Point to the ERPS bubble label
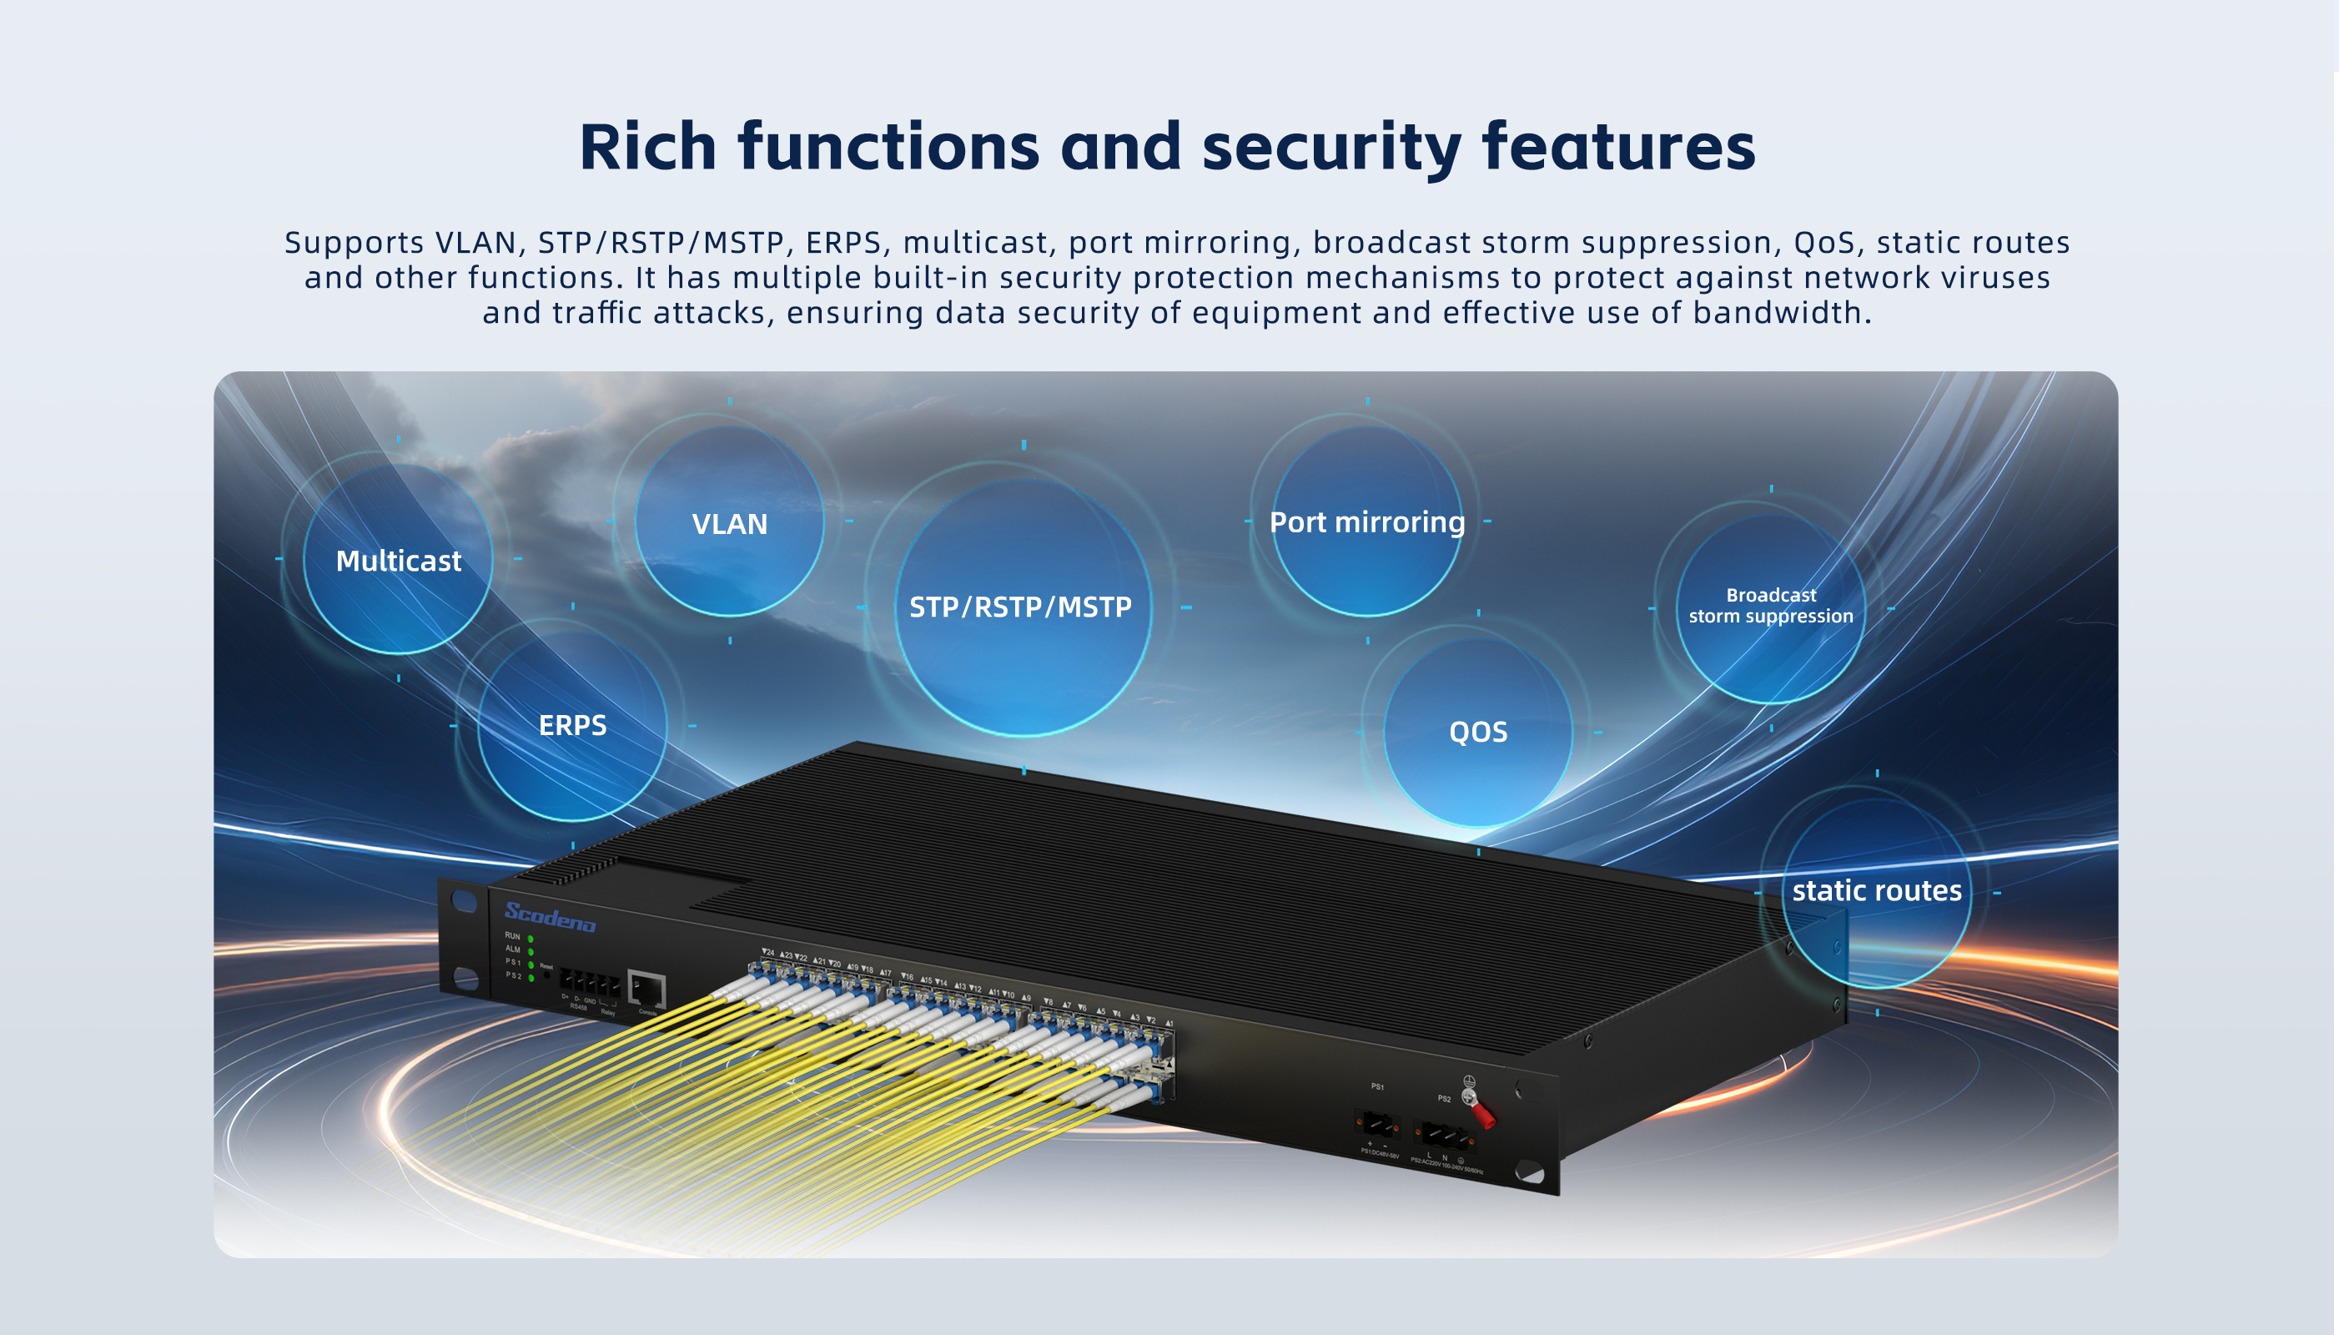[572, 725]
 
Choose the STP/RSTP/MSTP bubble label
[1020, 607]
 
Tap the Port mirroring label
[1366, 521]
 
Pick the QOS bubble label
[1477, 732]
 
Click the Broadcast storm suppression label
[1771, 606]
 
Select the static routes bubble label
[1876, 890]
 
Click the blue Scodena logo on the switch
[550, 916]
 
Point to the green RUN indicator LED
[531, 939]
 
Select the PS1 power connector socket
[1376, 1123]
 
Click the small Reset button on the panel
[547, 975]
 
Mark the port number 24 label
[768, 954]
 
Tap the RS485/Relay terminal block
[589, 985]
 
